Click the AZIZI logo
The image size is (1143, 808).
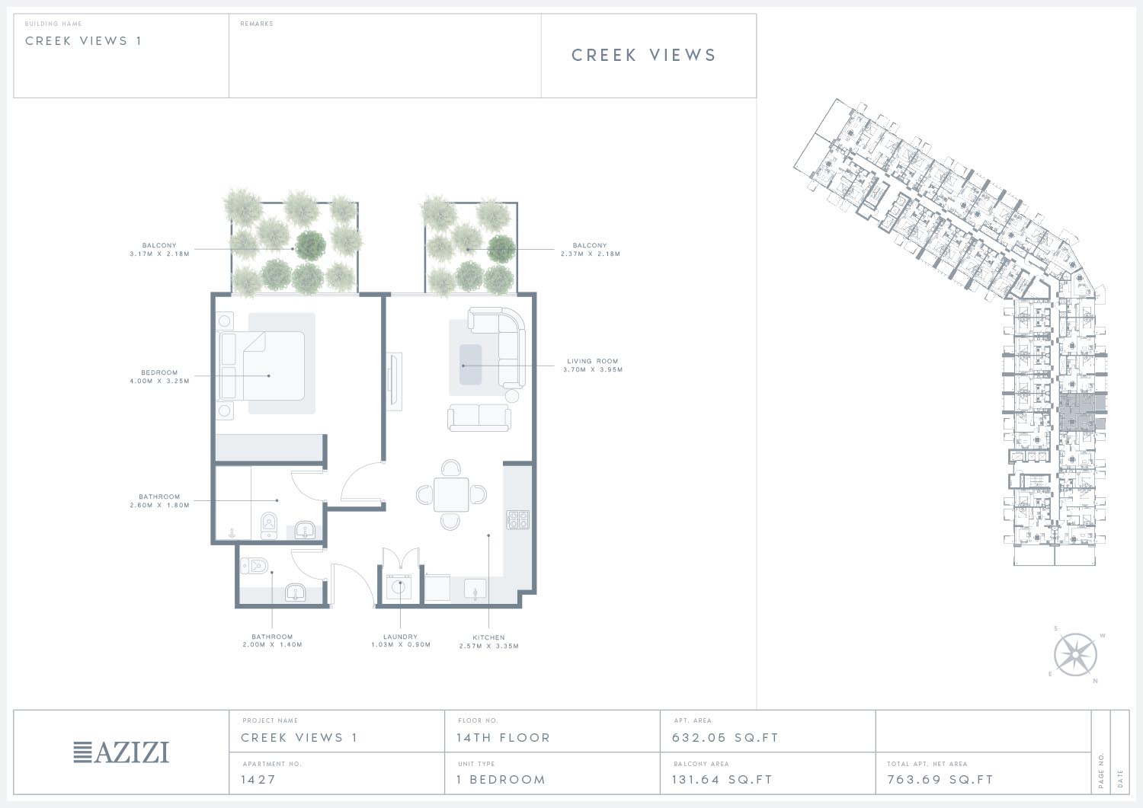[121, 752]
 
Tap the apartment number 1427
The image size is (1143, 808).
[258, 779]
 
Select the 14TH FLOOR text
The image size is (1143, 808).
[503, 738]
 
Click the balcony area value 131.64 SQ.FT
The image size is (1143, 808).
[722, 779]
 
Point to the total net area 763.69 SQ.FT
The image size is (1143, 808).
[940, 779]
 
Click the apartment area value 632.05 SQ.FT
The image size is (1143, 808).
[725, 738]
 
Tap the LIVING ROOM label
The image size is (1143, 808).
[592, 366]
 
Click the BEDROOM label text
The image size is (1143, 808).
[159, 376]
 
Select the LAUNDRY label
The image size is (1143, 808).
[401, 640]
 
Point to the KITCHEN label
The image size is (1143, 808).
[489, 642]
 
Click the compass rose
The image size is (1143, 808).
[1075, 654]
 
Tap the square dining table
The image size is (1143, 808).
[451, 494]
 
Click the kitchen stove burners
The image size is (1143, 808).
[517, 520]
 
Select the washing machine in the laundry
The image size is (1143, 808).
[399, 587]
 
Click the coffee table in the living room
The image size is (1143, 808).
[470, 365]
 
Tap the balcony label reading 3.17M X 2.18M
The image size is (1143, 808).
[159, 250]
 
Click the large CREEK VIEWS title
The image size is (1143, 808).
[644, 55]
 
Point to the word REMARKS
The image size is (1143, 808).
[257, 24]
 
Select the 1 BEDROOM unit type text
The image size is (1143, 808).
[501, 779]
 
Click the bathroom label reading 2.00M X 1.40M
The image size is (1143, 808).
[273, 640]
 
